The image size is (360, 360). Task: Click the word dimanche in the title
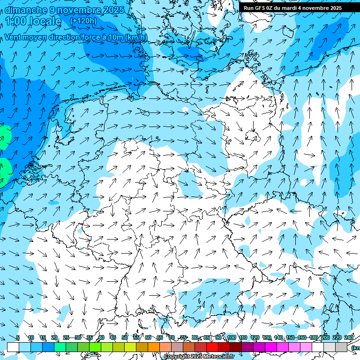[x=25, y=10]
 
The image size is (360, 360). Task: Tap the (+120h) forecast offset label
[x=83, y=21]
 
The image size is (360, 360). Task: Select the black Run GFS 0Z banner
[x=299, y=7]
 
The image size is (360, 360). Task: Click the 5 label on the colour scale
[x=18, y=337]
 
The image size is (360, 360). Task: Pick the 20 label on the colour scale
[x=54, y=337]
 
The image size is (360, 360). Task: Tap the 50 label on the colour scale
[x=125, y=337]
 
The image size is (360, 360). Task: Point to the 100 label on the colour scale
[x=231, y=337]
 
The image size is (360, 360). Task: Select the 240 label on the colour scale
[x=348, y=337]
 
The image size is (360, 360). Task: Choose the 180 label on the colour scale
[x=313, y=337]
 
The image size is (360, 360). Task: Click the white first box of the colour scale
[x=13, y=347]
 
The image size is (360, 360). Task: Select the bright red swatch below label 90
[x=212, y=347]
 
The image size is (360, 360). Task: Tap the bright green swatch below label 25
[x=60, y=347]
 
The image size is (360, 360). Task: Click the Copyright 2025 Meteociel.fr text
[x=199, y=357]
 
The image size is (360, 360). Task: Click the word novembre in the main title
[x=78, y=10]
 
